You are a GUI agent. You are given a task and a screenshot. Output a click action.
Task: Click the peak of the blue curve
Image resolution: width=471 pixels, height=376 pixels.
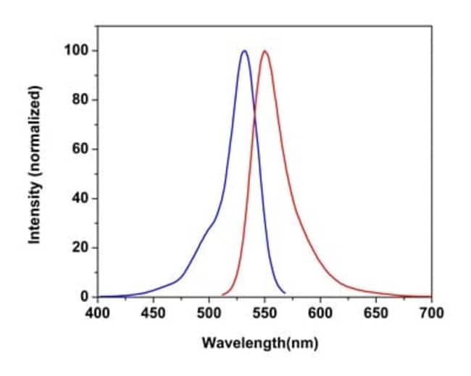244,51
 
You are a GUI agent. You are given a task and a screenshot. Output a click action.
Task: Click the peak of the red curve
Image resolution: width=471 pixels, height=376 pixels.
265,51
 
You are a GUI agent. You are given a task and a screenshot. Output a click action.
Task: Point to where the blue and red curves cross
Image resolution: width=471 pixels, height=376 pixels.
254,110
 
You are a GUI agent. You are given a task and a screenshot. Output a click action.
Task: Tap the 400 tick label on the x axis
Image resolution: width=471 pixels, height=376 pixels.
98,313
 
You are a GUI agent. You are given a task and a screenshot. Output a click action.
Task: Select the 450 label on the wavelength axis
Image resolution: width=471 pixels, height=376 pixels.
153,313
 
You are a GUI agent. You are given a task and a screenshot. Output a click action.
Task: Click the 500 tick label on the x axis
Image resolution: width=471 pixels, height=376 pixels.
209,313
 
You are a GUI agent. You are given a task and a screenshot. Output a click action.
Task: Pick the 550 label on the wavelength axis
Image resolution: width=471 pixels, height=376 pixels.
264,313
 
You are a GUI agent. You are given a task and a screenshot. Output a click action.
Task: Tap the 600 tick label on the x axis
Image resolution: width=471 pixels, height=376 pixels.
320,313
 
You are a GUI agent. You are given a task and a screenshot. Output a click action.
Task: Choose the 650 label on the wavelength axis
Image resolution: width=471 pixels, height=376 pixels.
376,313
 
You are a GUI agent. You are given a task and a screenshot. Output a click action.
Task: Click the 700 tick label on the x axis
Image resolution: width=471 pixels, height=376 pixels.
431,313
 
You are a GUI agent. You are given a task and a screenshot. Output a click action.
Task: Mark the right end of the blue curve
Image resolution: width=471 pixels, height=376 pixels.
285,293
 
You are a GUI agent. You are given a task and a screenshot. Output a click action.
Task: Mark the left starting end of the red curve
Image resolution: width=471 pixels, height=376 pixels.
222,295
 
